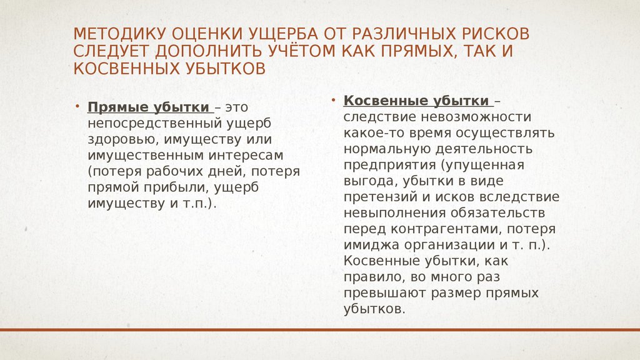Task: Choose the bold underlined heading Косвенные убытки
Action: tap(417, 101)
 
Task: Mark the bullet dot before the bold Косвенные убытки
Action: tap(334, 99)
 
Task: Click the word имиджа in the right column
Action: tap(370, 246)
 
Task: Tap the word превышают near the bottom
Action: tap(382, 294)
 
